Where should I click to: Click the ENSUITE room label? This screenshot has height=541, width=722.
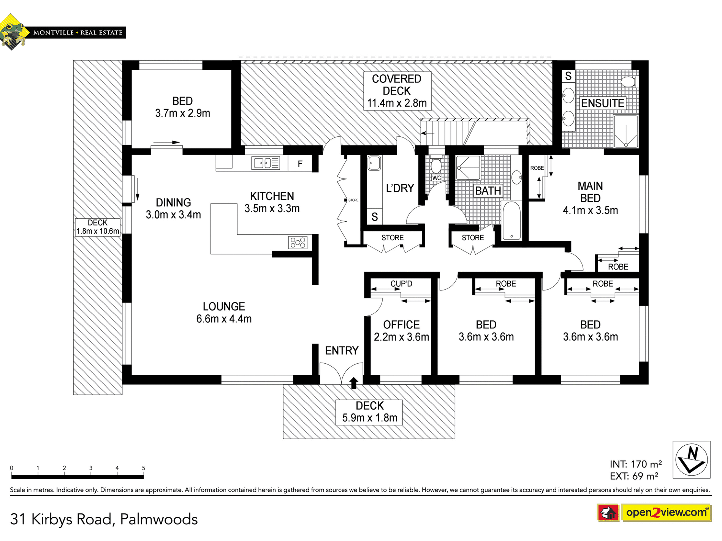[x=602, y=103]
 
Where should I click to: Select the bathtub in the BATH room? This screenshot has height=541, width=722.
[x=511, y=221]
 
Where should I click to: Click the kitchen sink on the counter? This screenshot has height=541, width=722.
[x=266, y=163]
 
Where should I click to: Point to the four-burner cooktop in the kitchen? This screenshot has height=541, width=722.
[x=298, y=242]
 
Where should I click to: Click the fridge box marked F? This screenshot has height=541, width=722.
[x=300, y=164]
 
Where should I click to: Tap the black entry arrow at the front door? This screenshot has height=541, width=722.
[x=354, y=383]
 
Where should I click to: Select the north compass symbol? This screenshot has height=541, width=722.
[x=692, y=459]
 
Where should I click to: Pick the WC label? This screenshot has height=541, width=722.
[x=437, y=178]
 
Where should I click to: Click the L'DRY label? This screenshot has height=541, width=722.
[x=400, y=188]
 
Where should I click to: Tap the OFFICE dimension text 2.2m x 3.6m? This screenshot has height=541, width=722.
[x=401, y=337]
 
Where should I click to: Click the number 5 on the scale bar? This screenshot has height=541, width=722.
[x=144, y=468]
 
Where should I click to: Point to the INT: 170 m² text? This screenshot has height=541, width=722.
[x=636, y=464]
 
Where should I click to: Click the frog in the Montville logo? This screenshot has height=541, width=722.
[x=13, y=32]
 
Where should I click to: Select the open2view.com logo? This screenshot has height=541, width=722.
[x=666, y=513]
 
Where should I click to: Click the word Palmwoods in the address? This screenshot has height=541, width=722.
[x=159, y=519]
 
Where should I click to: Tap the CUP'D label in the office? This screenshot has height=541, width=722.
[x=401, y=284]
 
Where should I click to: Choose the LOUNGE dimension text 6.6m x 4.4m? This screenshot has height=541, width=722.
[x=224, y=319]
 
